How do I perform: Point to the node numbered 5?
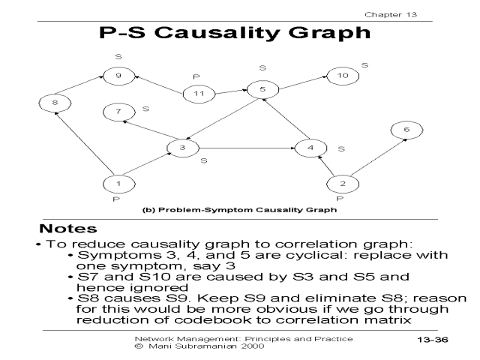point(262,90)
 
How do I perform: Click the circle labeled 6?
point(406,130)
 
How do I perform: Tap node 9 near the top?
point(118,76)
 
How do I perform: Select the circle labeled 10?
point(342,76)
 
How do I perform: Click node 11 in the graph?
point(199,94)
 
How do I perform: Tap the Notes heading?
point(68,228)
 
